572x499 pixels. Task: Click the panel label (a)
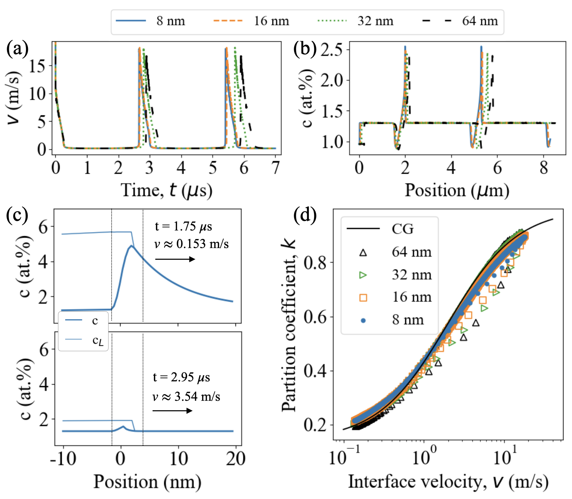17,49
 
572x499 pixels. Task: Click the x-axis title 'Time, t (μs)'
167,190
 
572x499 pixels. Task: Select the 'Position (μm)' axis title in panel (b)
457,190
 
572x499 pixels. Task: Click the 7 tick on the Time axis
275,168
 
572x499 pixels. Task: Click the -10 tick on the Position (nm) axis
63,459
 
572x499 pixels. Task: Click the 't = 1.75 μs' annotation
183,226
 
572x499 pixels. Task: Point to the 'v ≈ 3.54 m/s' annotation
186,397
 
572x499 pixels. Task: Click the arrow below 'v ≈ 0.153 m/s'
175,259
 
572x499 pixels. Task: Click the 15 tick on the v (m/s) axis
37,66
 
